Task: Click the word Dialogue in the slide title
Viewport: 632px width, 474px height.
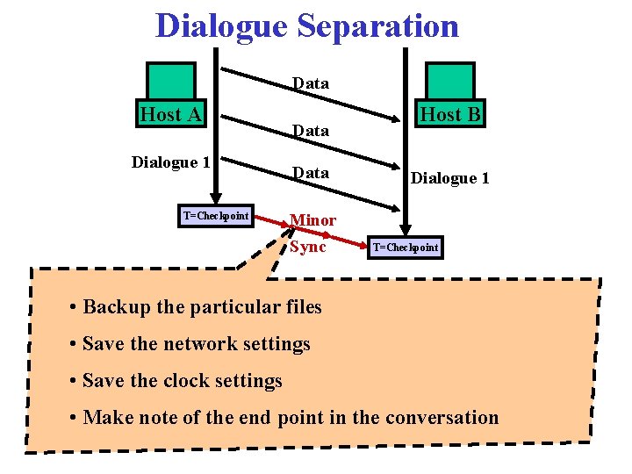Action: click(x=222, y=25)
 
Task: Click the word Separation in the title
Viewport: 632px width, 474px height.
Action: click(x=377, y=25)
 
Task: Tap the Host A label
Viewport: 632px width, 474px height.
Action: click(x=171, y=114)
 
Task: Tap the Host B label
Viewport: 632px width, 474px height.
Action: click(x=450, y=114)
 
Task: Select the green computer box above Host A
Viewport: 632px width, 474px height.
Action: click(x=170, y=81)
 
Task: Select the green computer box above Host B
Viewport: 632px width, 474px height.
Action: click(x=449, y=81)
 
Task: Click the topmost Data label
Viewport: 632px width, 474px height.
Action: click(x=311, y=83)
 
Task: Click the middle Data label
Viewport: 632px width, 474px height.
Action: click(x=311, y=131)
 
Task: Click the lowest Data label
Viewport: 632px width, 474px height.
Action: click(x=311, y=173)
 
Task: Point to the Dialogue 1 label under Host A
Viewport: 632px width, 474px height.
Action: click(x=170, y=162)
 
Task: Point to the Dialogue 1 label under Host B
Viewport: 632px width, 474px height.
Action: click(x=450, y=178)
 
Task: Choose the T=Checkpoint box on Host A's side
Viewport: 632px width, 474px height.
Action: click(x=216, y=216)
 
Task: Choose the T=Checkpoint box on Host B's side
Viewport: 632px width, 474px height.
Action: click(x=405, y=248)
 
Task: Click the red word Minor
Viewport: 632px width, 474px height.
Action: click(x=312, y=219)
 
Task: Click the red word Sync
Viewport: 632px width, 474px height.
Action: click(x=308, y=247)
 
